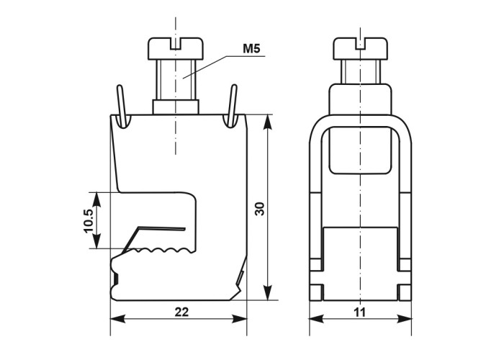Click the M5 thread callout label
251,49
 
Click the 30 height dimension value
259,209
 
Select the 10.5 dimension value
89,220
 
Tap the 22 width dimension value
181,312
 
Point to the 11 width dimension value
360,312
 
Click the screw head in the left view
176,49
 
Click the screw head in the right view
360,49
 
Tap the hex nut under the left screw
176,107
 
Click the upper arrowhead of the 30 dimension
267,123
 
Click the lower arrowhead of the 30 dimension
267,292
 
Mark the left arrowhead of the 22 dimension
118,319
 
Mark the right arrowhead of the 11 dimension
404,318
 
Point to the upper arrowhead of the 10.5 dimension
96,200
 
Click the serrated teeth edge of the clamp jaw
161,251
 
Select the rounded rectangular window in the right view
360,150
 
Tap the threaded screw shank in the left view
176,80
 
